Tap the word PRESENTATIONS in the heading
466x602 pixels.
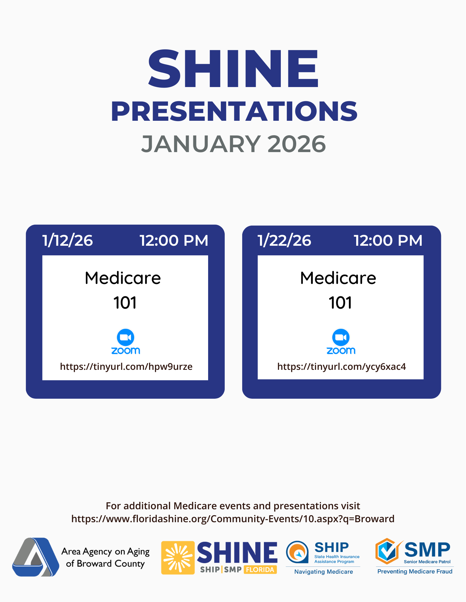click(234, 111)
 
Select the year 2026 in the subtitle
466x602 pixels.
click(297, 144)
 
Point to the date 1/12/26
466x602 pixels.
click(68, 240)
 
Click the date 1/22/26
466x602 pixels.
click(284, 240)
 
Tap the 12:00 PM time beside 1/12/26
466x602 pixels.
click(174, 240)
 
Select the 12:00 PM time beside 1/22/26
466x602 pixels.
click(388, 240)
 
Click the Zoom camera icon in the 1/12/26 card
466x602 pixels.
click(125, 337)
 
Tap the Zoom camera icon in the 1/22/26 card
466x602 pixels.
click(341, 337)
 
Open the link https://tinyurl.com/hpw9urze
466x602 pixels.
click(126, 367)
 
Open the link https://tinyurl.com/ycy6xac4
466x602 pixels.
click(341, 367)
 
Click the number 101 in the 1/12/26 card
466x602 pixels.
click(125, 303)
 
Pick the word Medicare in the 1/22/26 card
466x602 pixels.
click(338, 278)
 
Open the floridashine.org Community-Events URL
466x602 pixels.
click(233, 519)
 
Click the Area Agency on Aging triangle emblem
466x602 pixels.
click(36, 557)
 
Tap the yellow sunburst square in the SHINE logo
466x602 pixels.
click(178, 558)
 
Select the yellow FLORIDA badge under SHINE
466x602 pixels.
click(260, 570)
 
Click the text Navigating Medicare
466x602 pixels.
click(324, 572)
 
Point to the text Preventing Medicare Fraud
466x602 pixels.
click(415, 571)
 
